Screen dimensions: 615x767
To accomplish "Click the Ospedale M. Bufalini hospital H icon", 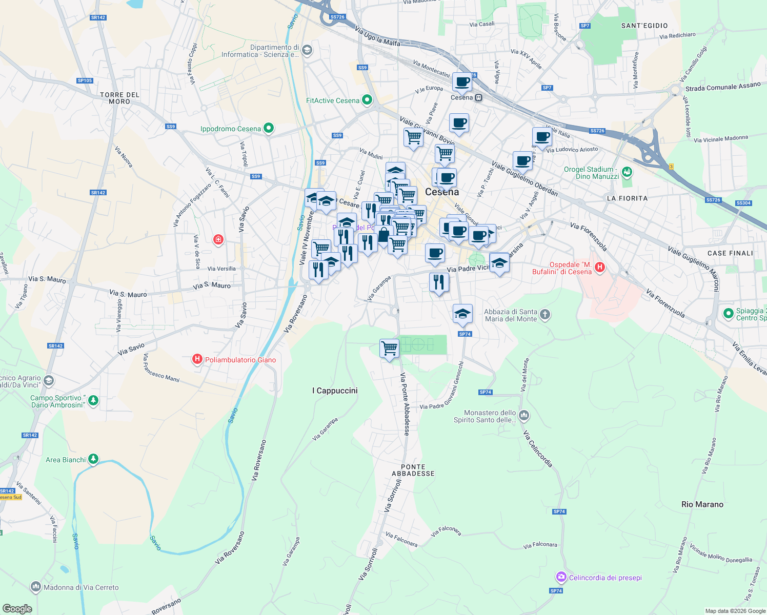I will [599, 267].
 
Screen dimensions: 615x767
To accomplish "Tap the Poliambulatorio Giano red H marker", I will [197, 359].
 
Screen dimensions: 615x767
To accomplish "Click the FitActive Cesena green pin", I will [367, 100].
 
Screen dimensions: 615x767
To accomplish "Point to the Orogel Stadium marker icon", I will [627, 172].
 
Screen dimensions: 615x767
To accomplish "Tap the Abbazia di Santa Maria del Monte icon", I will [545, 314].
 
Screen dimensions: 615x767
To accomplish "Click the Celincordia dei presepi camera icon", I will [561, 578].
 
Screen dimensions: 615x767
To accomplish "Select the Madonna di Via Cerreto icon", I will [35, 586].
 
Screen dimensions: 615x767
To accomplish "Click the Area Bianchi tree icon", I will [93, 459].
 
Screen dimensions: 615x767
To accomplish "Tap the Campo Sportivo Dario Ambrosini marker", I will [93, 400].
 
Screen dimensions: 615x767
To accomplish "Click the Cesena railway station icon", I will [478, 97].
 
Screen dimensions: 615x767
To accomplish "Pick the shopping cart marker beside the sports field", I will [389, 348].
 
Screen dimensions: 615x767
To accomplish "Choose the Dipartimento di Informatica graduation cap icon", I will [307, 50].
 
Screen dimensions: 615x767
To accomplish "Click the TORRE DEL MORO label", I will [119, 98].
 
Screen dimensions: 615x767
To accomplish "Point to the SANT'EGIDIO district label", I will [644, 26].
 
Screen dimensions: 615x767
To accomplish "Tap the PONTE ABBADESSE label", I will [413, 470].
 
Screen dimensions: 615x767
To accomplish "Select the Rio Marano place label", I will [702, 504].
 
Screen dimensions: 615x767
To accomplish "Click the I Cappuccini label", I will [335, 391].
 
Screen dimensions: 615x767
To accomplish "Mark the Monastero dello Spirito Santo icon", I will [524, 415].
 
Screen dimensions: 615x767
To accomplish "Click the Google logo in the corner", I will [17, 608].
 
